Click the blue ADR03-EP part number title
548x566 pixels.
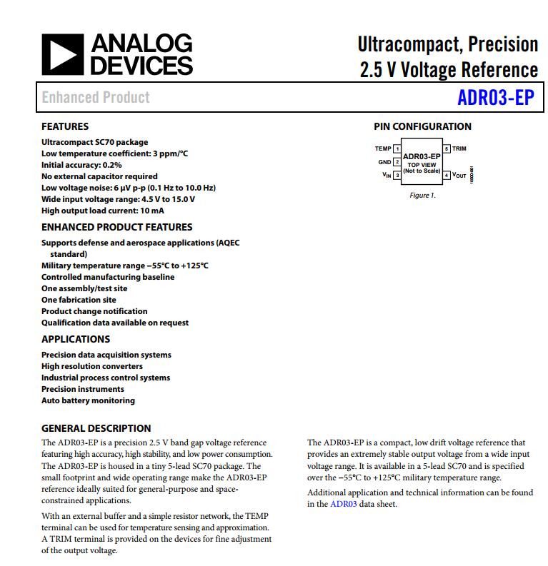495,98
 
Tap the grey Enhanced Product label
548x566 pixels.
96,97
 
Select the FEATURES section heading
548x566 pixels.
65,126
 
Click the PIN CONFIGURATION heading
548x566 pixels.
422,126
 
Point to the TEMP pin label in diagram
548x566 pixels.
383,149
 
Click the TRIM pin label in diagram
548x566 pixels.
459,149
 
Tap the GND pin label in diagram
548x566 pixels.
384,162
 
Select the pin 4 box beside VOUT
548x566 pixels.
447,175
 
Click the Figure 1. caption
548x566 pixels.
422,195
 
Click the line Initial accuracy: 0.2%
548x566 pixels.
81,165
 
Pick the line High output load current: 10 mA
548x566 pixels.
102,211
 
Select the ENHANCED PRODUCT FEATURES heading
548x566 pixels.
116,227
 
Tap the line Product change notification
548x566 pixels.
94,311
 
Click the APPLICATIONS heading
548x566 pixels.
76,339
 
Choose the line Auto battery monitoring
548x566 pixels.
88,400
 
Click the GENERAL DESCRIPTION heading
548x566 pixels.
96,428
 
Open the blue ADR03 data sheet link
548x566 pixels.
343,504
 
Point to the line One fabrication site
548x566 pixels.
79,300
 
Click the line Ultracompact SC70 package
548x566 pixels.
95,142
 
